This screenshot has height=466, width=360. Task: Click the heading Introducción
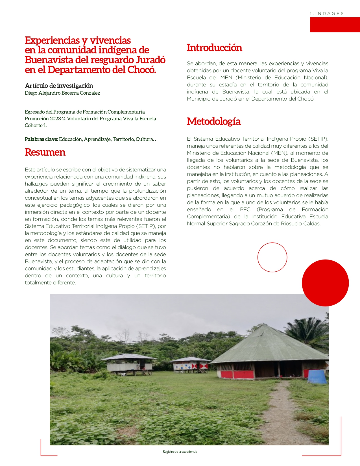click(x=214, y=48)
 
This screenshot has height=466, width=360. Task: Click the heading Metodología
click(x=214, y=121)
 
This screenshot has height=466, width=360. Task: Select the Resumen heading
click(x=45, y=152)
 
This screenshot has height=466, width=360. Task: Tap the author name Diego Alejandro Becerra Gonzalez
click(x=62, y=93)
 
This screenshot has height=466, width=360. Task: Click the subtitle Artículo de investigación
click(x=59, y=86)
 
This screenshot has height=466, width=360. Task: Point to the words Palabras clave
click(x=41, y=139)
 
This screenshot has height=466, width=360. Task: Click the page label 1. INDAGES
click(x=327, y=14)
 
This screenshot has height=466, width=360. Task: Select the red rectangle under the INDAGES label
click(x=335, y=25)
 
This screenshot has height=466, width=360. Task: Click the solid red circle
click(x=325, y=283)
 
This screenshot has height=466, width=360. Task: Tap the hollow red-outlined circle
click(x=272, y=257)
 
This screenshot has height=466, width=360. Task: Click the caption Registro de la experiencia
click(x=180, y=452)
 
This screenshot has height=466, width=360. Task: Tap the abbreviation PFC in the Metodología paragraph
click(x=245, y=210)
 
